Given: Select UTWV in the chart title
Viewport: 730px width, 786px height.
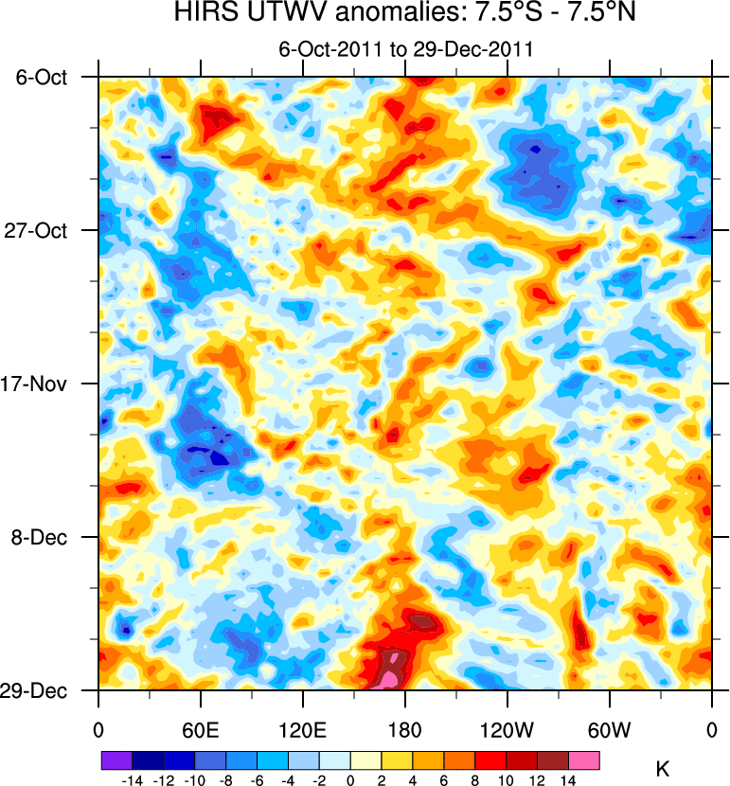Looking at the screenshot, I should (283, 15).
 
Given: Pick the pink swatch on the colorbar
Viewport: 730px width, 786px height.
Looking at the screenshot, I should (583, 759).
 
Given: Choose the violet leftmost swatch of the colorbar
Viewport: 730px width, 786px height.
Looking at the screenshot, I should (116, 759).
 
